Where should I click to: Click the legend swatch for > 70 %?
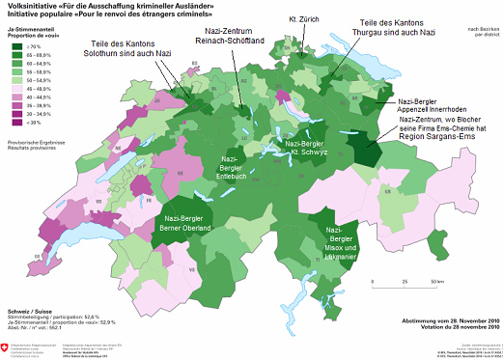coord(17,45)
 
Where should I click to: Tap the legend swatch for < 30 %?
coord(17,124)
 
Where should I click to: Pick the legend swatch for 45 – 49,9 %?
coord(17,89)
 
